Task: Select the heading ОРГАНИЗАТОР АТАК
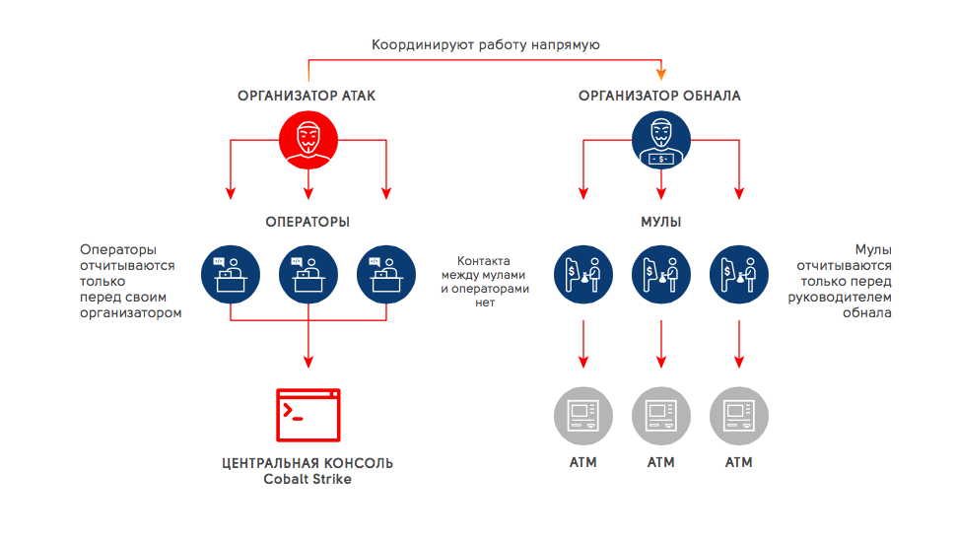coord(307,97)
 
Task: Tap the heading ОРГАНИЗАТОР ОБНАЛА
coord(659,97)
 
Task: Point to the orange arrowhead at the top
coord(661,74)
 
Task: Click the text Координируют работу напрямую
coord(485,44)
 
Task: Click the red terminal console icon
coord(308,415)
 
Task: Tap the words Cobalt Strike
coord(308,480)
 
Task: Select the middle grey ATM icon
coord(660,415)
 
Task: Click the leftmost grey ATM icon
coord(582,415)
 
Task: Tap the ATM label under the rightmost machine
coord(739,462)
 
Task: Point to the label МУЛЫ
coord(660,223)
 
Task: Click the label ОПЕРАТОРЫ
coord(308,223)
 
